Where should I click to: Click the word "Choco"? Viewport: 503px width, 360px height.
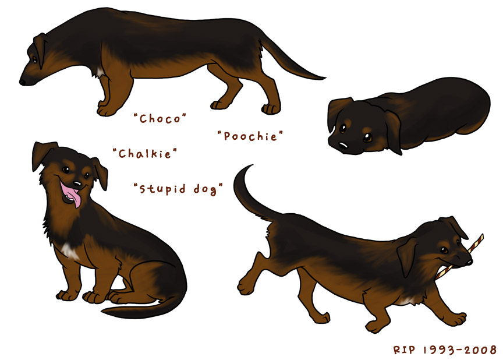click(x=160, y=119)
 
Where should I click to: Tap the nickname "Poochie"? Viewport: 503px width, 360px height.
click(x=250, y=136)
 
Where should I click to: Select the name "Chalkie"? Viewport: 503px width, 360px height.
click(x=145, y=154)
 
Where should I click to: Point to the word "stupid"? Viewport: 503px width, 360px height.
click(x=162, y=189)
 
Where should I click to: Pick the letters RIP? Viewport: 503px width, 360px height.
click(x=404, y=350)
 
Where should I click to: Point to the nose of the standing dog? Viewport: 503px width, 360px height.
click(x=23, y=82)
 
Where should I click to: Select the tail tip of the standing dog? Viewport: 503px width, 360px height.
click(x=324, y=77)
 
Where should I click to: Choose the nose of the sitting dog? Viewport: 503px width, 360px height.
click(x=77, y=184)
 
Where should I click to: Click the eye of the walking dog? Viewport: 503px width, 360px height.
click(x=444, y=249)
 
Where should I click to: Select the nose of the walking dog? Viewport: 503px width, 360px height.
click(x=469, y=261)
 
